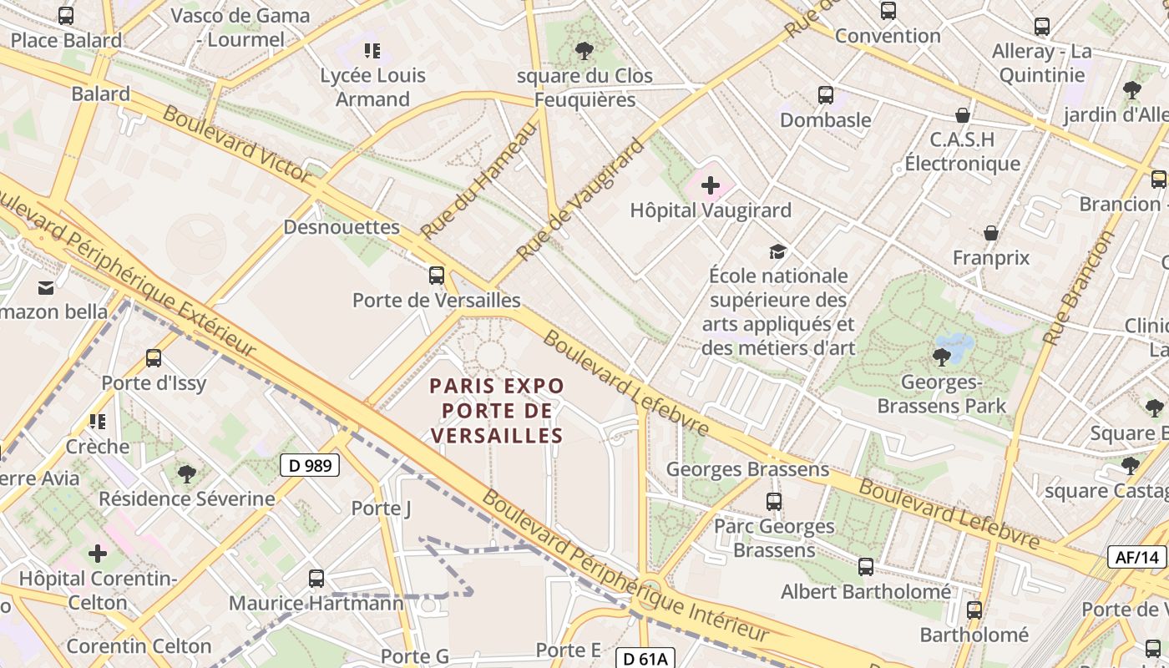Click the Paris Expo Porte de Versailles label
click(x=497, y=411)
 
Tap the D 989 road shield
click(x=309, y=465)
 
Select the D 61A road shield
click(x=645, y=659)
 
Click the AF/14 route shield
click(x=1136, y=557)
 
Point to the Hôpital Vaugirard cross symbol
click(x=711, y=185)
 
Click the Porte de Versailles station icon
click(x=436, y=275)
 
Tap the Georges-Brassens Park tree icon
click(x=941, y=357)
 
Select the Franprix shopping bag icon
click(x=991, y=232)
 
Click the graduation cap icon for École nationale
click(x=777, y=251)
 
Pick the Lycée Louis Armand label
click(x=372, y=87)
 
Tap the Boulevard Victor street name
click(x=237, y=144)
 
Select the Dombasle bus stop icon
click(x=826, y=95)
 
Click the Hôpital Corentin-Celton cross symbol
click(x=98, y=553)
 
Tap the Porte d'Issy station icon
click(x=154, y=358)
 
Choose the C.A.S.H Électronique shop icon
click(x=963, y=115)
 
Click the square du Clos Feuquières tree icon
click(x=584, y=51)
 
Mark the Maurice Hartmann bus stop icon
click(x=316, y=578)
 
